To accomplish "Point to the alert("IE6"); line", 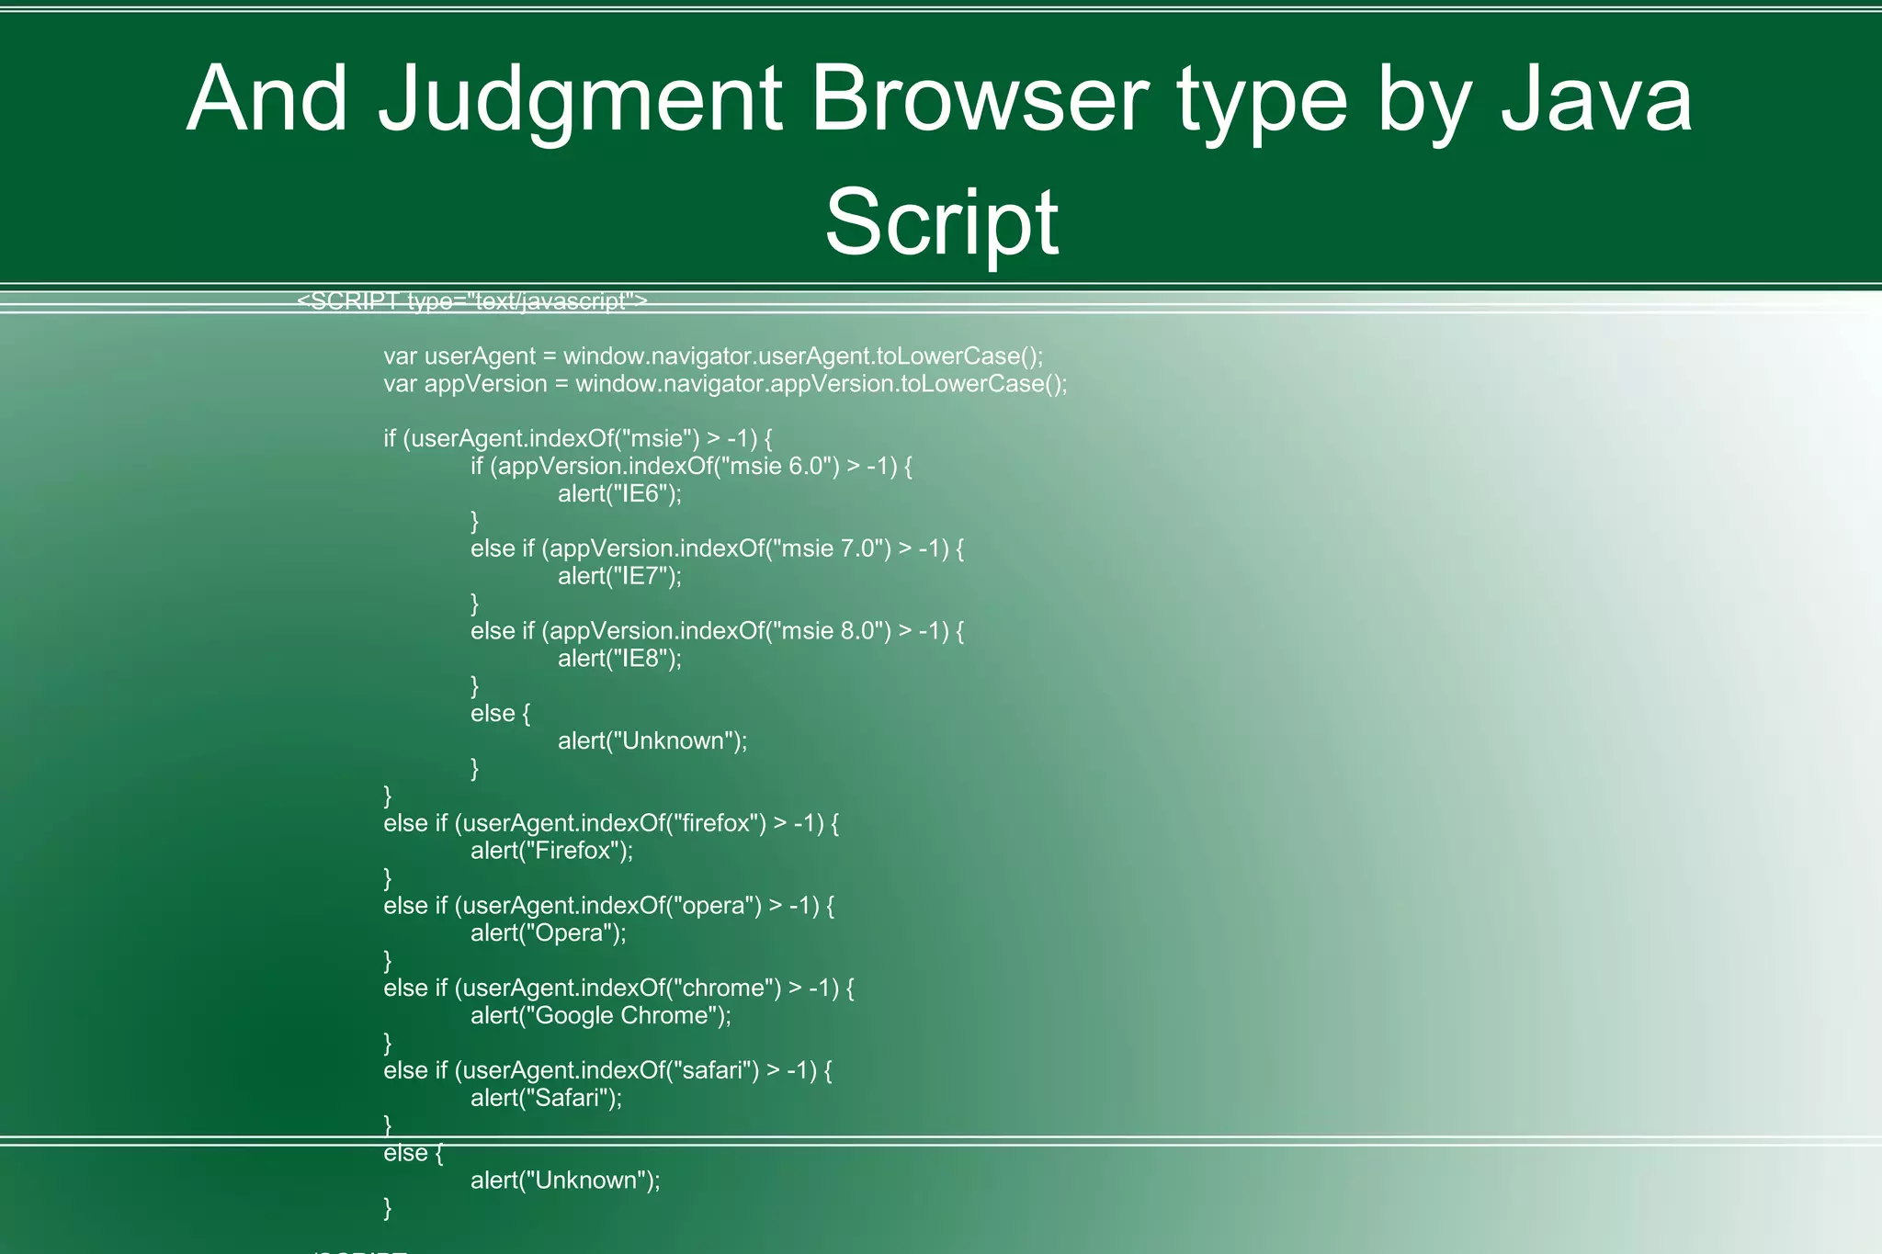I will pos(619,493).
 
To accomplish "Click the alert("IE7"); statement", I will pos(619,576).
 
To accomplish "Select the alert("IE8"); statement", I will pos(619,658).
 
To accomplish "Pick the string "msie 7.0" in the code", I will pos(830,548).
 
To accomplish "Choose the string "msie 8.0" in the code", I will pos(830,630).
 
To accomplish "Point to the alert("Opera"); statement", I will pos(548,933).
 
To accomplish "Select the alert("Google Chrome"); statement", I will pos(601,1015).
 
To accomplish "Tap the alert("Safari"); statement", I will pos(546,1098).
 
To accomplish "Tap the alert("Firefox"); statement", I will pos(551,851).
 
